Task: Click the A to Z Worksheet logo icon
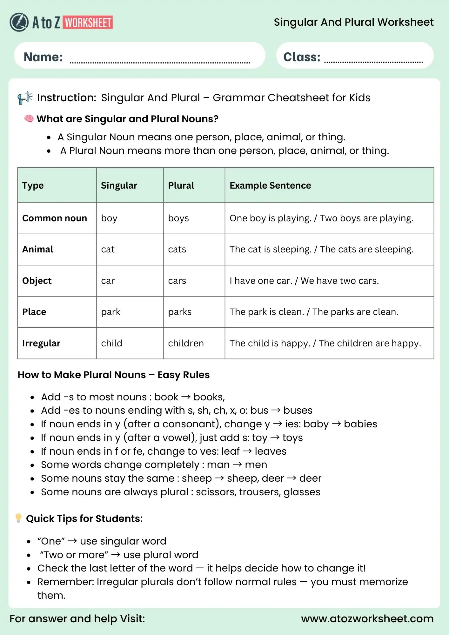(19, 22)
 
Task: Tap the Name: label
(43, 57)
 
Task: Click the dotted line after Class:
(373, 62)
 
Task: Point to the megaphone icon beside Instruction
(25, 98)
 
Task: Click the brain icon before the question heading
(29, 119)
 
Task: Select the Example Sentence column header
(270, 185)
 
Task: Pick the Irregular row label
(41, 343)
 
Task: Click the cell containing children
(186, 343)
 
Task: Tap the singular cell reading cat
(108, 250)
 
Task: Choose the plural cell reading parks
(180, 312)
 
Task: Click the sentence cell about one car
(304, 281)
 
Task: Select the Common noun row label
(55, 218)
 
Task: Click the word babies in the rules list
(360, 424)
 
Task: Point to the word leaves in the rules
(271, 451)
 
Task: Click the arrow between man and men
(237, 465)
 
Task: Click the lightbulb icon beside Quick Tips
(18, 518)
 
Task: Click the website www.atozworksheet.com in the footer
(367, 619)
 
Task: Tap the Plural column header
(181, 185)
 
